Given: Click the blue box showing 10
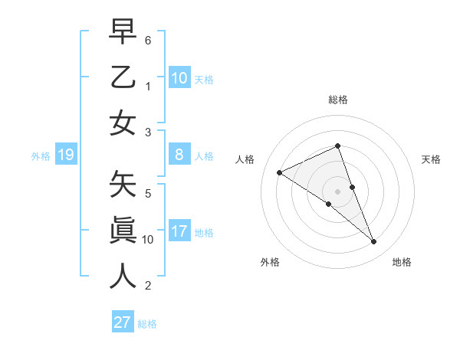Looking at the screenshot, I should click(179, 77).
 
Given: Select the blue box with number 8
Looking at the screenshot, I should click(179, 155).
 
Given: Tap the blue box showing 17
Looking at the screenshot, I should click(179, 231).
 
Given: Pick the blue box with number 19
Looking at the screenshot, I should click(65, 155).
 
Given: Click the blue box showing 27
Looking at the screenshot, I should click(123, 322).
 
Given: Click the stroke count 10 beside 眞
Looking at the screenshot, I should click(148, 239).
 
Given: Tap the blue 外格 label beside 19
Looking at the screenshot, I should click(41, 156).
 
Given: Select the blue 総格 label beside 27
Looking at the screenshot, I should click(147, 324).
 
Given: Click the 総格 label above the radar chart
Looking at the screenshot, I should click(338, 100).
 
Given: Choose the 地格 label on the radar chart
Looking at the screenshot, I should click(402, 262).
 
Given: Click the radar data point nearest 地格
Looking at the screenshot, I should click(374, 242).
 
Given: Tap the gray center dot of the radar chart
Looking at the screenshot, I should click(338, 191).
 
